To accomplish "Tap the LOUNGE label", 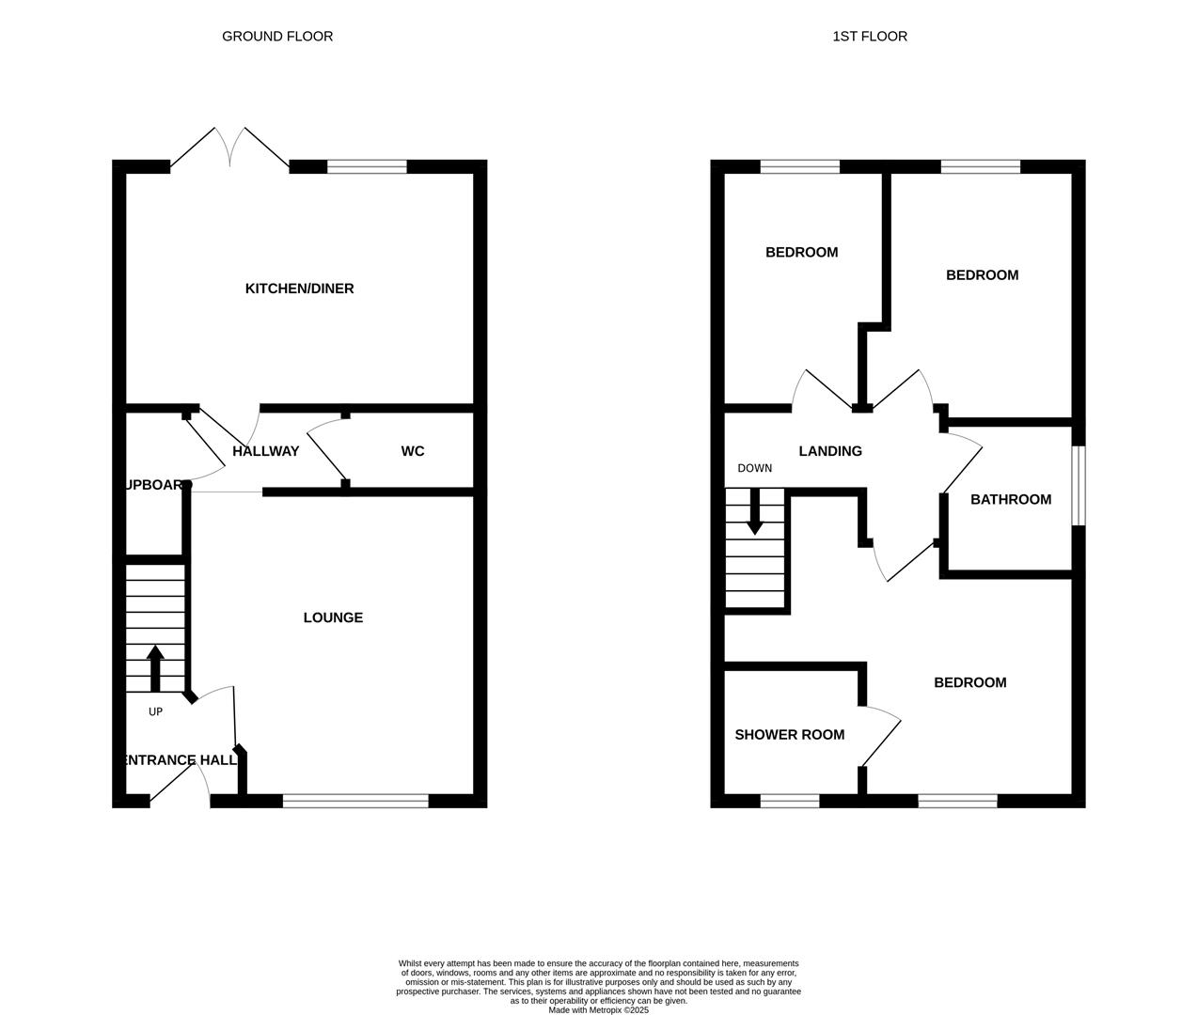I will (x=333, y=617).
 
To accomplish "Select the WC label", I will (x=413, y=451).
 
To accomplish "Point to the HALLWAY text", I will (x=266, y=451).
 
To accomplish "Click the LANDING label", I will (x=830, y=451).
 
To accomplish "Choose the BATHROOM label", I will (x=1011, y=499).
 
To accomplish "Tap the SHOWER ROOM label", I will (x=790, y=735).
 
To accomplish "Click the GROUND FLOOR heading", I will (x=277, y=37).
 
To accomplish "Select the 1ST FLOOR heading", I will (x=870, y=37).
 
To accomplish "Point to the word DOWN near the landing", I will (x=754, y=468).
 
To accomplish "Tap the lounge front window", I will (x=355, y=801).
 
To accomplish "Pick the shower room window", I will (x=790, y=801).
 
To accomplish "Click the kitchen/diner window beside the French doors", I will (x=367, y=167).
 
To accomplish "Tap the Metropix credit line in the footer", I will (x=599, y=1010).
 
